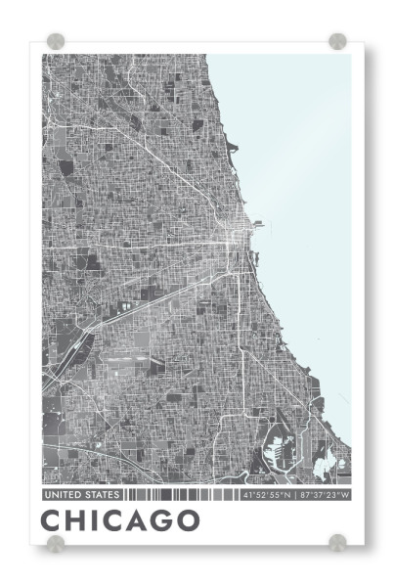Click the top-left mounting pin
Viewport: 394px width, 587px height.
56,41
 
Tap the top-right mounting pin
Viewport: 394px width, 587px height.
337,41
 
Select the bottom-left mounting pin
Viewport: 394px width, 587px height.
56,542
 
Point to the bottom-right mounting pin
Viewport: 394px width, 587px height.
337,542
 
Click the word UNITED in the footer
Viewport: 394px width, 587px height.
62,495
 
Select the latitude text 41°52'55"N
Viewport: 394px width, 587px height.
267,495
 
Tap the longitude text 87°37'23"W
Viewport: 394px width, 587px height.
324,495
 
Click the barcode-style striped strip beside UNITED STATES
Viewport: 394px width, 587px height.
181,495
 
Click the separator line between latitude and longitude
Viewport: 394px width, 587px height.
295,495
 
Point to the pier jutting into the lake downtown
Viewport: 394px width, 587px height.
257,224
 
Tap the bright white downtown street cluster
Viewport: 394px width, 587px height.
235,240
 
